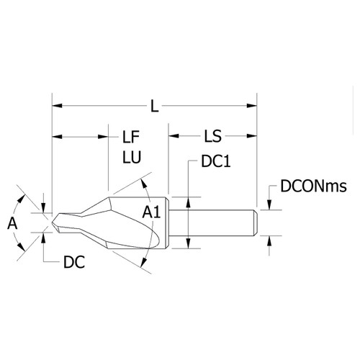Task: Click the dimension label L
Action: pyautogui.click(x=155, y=106)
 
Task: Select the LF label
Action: pyautogui.click(x=131, y=137)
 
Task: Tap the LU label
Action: pyautogui.click(x=132, y=157)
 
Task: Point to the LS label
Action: pyautogui.click(x=212, y=136)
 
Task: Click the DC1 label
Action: pyautogui.click(x=216, y=161)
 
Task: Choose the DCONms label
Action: pyautogui.click(x=313, y=186)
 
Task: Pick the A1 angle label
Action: pyautogui.click(x=151, y=212)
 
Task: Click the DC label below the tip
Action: pyautogui.click(x=74, y=262)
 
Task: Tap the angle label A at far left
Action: pyautogui.click(x=12, y=223)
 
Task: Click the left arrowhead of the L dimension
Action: pyautogui.click(x=57, y=106)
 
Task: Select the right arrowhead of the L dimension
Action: pyautogui.click(x=252, y=106)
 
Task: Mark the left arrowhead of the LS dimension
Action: pyautogui.click(x=174, y=136)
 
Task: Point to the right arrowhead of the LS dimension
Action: pyautogui.click(x=252, y=136)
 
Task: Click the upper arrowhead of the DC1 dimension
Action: pyautogui.click(x=189, y=202)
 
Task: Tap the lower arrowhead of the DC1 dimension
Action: pyautogui.click(x=189, y=243)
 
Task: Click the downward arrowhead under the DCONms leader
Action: pyautogui.click(x=269, y=205)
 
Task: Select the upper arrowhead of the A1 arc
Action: pyautogui.click(x=143, y=184)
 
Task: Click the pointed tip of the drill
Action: pyautogui.click(x=52, y=222)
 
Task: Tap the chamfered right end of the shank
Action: pyautogui.click(x=256, y=222)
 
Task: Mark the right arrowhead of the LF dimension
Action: pyautogui.click(x=103, y=137)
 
